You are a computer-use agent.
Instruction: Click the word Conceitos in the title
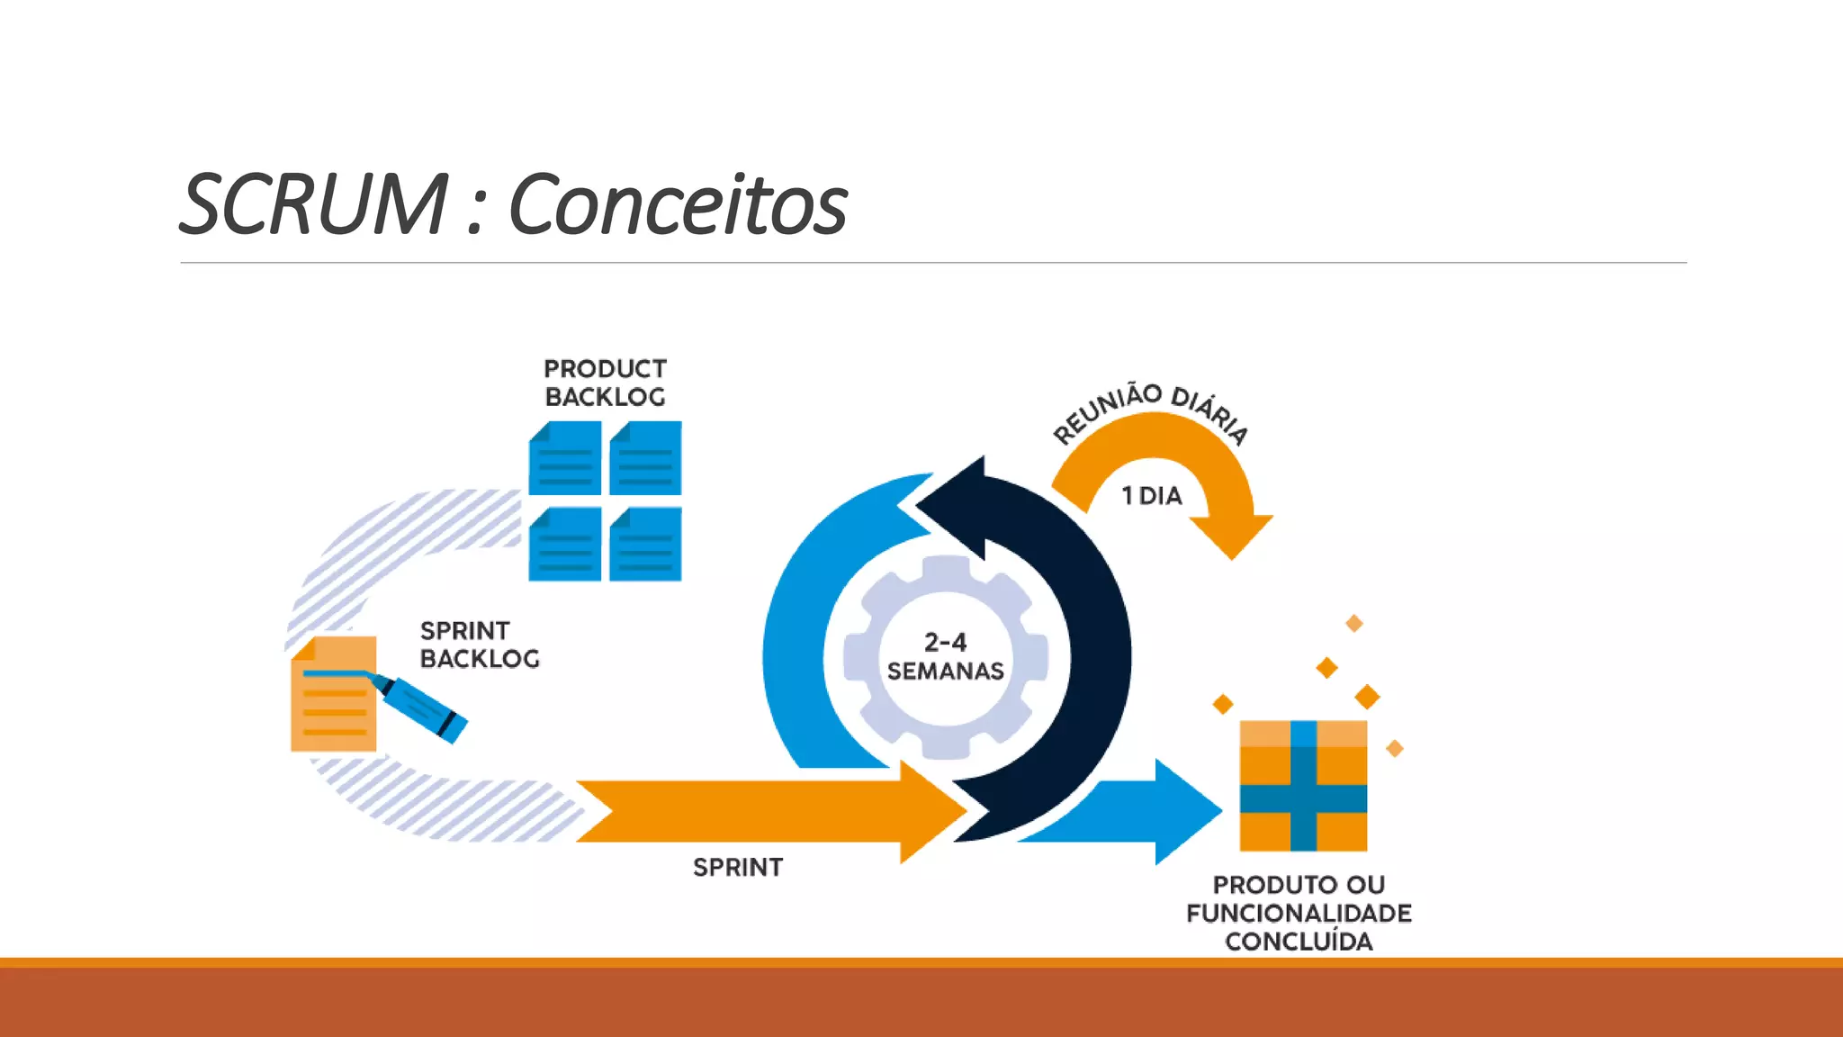(x=677, y=205)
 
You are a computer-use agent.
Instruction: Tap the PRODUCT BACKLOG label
(x=605, y=383)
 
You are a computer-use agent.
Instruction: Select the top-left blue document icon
(x=565, y=459)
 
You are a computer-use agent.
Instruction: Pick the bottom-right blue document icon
(x=645, y=545)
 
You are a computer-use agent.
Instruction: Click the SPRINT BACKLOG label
(x=479, y=645)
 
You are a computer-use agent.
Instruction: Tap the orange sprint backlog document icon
(x=331, y=711)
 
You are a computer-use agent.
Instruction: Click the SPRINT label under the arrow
(x=738, y=867)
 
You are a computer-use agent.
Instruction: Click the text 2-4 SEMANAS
(x=945, y=656)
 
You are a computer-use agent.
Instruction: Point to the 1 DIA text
(x=1152, y=496)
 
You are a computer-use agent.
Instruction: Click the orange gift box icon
(x=1303, y=786)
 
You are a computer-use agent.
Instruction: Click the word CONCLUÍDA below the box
(x=1299, y=942)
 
